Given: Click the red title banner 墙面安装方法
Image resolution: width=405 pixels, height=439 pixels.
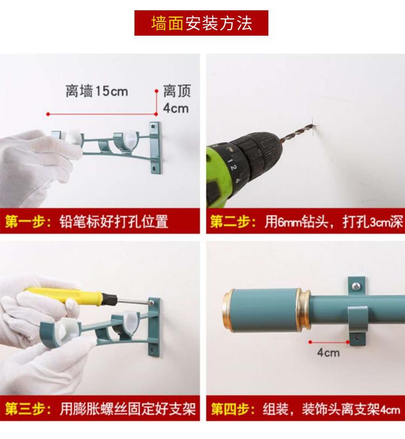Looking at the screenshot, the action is pos(201,23).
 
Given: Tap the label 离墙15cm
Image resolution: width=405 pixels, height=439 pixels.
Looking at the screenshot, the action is pos(97,91).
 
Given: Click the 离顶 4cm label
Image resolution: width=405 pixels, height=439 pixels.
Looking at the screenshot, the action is pos(177,99).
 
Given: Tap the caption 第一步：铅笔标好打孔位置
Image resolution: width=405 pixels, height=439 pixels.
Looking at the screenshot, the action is pos(87,221).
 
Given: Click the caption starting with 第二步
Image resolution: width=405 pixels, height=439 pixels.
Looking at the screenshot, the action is pos(307,222).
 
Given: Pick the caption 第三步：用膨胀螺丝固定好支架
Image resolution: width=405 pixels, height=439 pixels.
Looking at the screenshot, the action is pos(100,409).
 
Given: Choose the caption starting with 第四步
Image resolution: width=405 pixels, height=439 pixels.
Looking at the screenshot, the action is pos(306,409).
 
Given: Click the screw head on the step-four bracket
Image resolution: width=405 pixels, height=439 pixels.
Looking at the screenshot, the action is pos(356,285).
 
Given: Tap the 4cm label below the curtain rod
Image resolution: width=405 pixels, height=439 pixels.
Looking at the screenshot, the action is pos(328,352).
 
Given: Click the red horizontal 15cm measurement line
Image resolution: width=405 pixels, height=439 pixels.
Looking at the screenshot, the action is pos(102,114).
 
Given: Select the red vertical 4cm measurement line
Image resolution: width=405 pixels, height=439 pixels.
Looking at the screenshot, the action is pos(157,103).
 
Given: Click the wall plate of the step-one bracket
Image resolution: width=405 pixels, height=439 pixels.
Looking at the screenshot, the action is pos(155,148).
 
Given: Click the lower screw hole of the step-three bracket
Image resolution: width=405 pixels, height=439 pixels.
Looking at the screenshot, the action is pos(152,349).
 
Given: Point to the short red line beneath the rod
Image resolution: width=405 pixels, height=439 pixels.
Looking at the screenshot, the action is pos(329,342).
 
